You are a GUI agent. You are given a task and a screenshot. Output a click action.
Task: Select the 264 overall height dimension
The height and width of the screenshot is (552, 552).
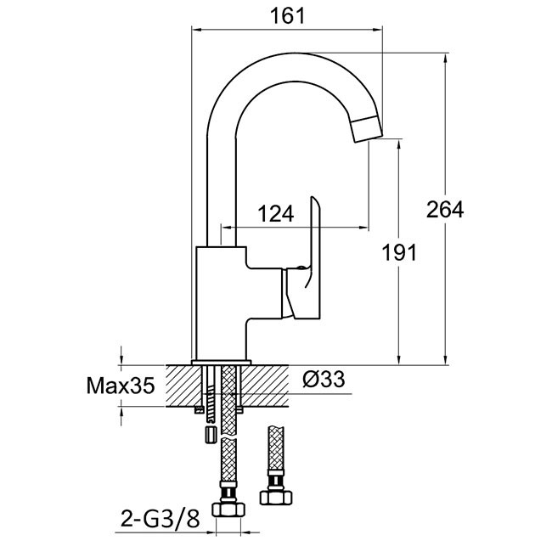(445, 210)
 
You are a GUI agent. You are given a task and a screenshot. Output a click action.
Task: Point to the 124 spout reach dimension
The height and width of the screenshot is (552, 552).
(276, 214)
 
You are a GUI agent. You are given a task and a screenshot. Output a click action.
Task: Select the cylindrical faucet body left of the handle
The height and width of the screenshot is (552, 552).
(222, 301)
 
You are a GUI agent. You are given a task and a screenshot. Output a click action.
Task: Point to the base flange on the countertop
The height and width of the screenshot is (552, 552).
(221, 363)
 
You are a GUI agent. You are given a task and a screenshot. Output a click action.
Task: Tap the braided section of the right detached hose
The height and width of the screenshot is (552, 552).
(276, 450)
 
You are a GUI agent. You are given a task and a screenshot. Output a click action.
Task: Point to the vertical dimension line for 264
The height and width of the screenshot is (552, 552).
(447, 127)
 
